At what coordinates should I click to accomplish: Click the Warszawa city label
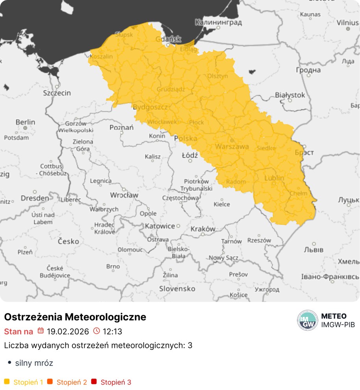232,147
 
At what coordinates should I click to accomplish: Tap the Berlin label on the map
25,122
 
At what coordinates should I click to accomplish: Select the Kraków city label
203,229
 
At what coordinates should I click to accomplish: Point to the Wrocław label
124,195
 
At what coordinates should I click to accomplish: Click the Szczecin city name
57,93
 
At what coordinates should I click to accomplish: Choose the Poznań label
122,127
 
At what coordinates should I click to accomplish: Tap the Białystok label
290,95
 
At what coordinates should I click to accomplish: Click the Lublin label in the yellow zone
274,178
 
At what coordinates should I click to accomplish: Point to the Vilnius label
347,22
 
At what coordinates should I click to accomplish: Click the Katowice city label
160,226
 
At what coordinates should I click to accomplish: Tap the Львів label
314,250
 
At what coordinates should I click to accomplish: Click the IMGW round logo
307,320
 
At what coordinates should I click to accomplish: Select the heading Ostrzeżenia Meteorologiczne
75,317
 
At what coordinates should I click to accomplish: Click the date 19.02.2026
68,331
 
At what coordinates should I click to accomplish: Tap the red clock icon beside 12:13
96,331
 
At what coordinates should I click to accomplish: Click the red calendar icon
41,331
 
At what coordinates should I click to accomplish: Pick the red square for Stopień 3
94,382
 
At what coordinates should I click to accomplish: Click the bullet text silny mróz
34,363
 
